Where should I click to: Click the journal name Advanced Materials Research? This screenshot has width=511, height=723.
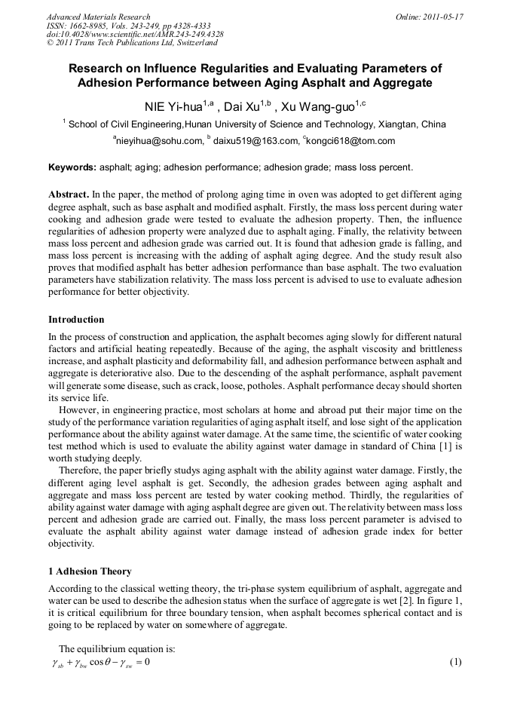pyautogui.click(x=98, y=17)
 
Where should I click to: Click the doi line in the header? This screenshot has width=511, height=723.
pyautogui.click(x=135, y=34)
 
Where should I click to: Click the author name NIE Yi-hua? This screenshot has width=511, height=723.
pyautogui.click(x=173, y=106)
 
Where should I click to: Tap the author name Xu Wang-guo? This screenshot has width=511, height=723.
pyautogui.click(x=313, y=106)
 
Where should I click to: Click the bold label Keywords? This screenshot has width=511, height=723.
pyautogui.click(x=72, y=167)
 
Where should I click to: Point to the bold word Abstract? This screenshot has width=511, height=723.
pyautogui.click(x=69, y=194)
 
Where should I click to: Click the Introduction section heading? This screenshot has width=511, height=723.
pyautogui.click(x=76, y=320)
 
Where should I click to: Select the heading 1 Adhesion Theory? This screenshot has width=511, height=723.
pyautogui.click(x=89, y=571)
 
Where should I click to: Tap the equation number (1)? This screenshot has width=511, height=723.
pyautogui.click(x=454, y=662)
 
